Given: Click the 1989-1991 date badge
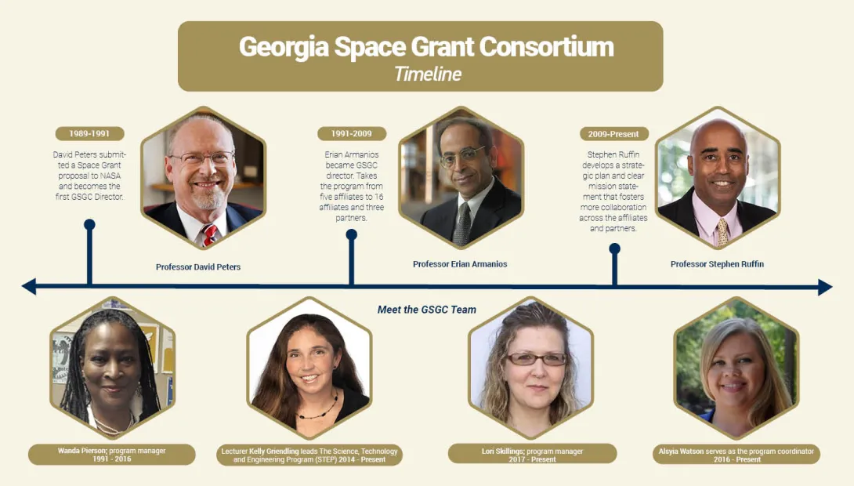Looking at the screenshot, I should (x=90, y=134).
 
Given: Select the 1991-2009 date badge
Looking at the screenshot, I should (x=351, y=134).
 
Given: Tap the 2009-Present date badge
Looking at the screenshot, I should (x=614, y=134).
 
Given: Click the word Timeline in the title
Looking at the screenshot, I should (x=427, y=74).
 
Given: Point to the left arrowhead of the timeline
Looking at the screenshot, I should (x=29, y=287).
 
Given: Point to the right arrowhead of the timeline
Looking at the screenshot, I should (x=825, y=287).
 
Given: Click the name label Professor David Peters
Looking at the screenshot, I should (x=198, y=267).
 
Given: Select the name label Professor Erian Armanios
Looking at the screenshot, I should (x=460, y=264).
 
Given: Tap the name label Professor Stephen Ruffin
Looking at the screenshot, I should (x=717, y=264).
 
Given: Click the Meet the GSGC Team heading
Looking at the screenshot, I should (x=427, y=310).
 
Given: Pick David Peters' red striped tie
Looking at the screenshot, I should (x=209, y=234).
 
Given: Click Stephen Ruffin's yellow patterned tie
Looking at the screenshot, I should (x=722, y=232).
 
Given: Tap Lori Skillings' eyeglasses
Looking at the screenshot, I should (x=536, y=359).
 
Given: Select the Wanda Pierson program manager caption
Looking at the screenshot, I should (x=111, y=455).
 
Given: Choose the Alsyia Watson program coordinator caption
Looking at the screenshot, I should (x=736, y=455).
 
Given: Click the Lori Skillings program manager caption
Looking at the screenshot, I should (x=532, y=455).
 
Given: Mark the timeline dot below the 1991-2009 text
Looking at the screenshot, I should (x=351, y=234).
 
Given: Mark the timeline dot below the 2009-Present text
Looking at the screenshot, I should (x=614, y=248).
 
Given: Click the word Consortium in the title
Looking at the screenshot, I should (x=547, y=46).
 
